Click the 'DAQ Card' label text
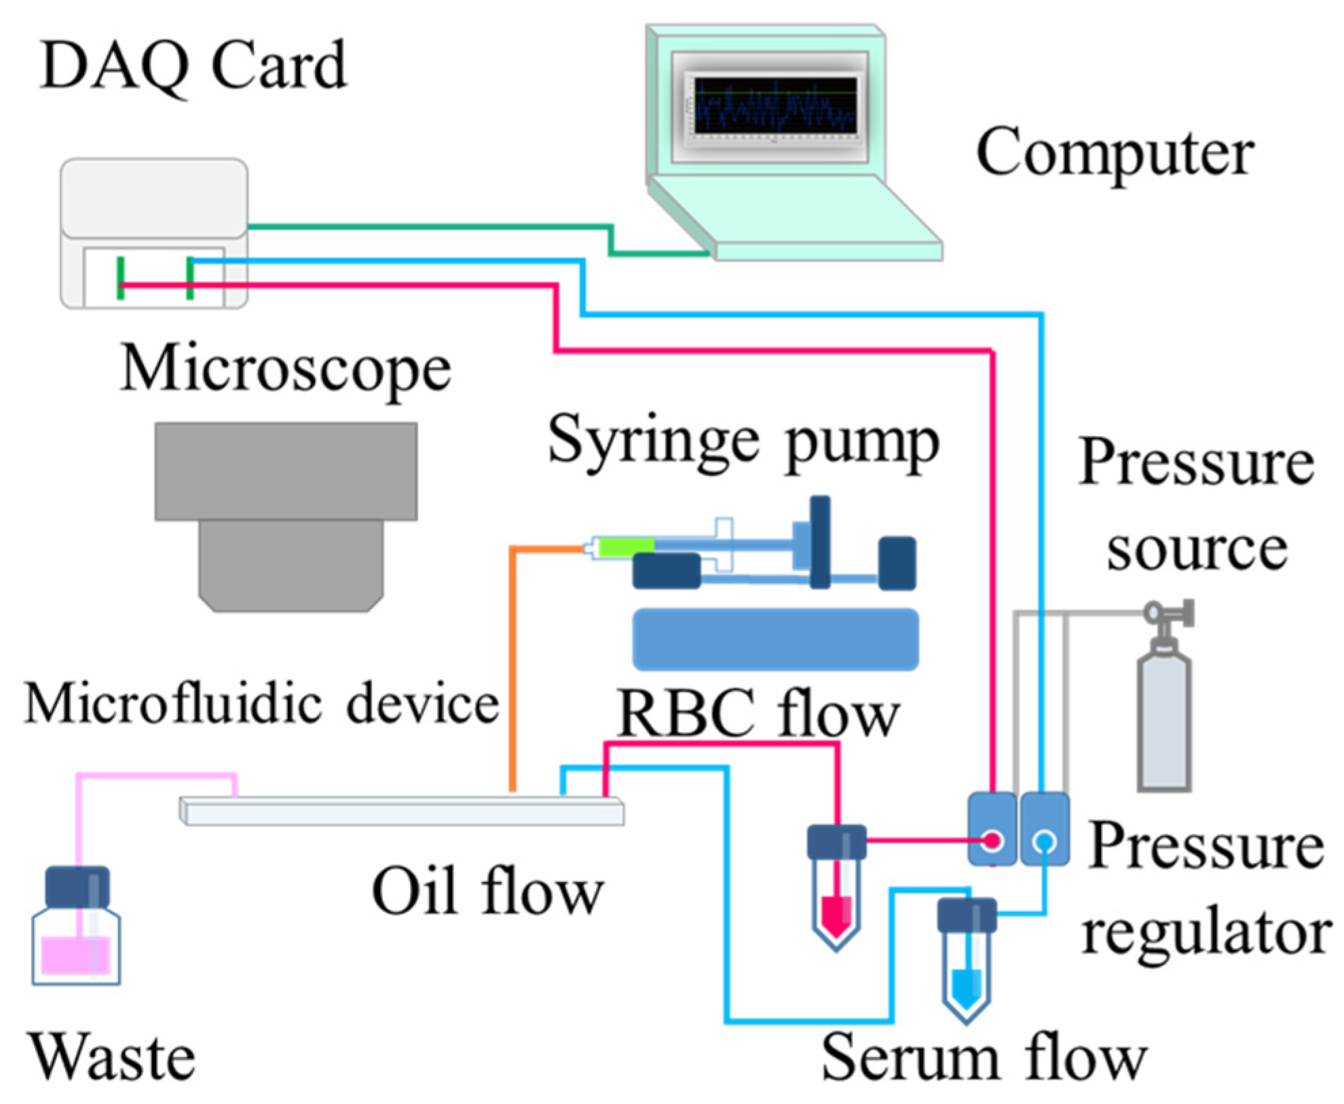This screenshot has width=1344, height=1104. [193, 66]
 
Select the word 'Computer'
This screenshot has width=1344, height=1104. [1114, 153]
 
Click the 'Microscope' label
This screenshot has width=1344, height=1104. [285, 369]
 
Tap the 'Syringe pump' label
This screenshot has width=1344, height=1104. [743, 442]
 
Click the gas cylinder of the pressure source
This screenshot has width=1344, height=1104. [1163, 720]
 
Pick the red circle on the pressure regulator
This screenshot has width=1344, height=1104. [992, 841]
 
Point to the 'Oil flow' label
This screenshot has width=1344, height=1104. [487, 892]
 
